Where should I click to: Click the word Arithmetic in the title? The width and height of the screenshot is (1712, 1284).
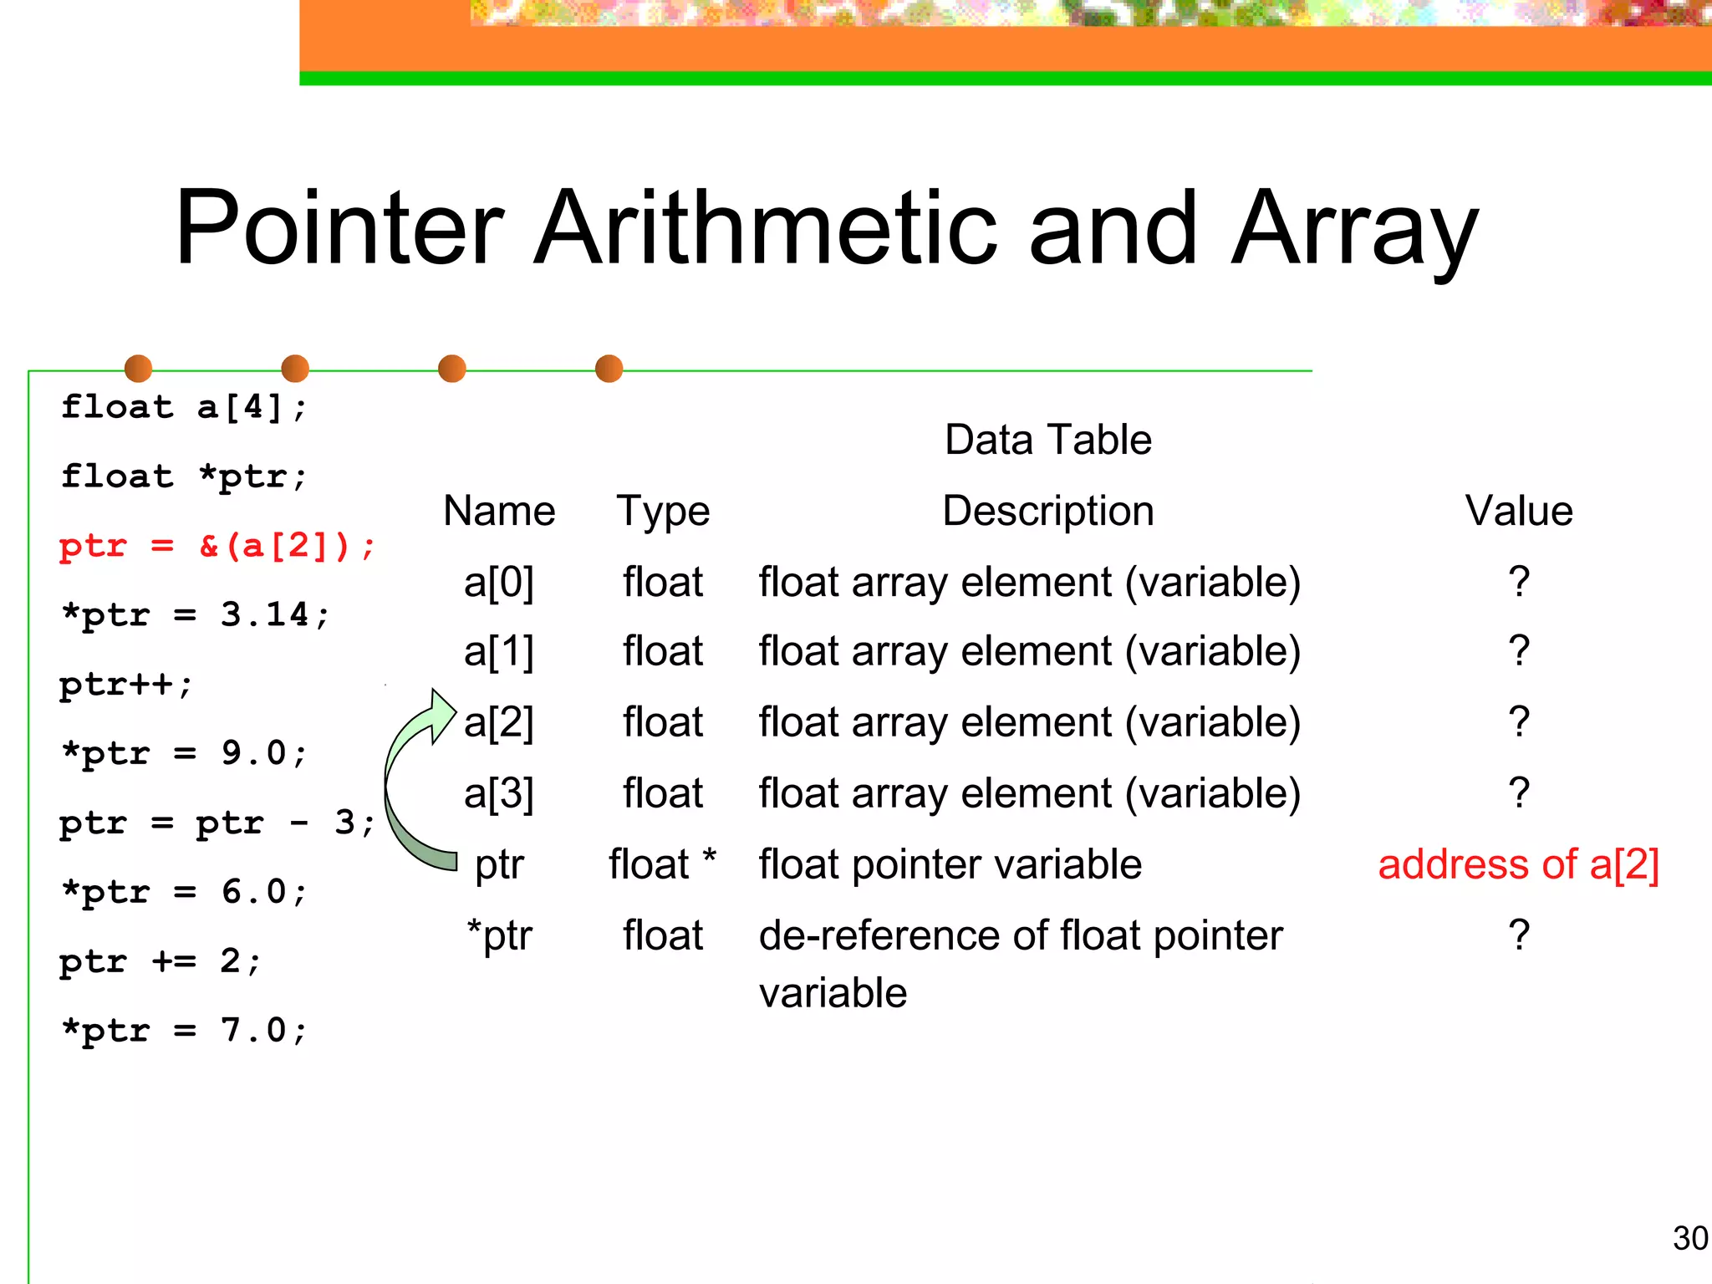766,227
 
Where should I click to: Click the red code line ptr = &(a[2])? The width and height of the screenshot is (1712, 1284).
217,546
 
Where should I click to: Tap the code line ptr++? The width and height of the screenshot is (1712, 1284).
125,685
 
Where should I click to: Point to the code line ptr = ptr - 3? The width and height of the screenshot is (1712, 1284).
217,823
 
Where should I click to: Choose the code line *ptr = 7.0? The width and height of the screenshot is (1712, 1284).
184,1030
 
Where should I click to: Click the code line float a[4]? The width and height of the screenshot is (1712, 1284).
184,407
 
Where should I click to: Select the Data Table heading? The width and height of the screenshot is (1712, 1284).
1047,440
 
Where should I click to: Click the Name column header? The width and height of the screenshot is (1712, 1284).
499,511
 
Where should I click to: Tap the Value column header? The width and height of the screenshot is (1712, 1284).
1518,511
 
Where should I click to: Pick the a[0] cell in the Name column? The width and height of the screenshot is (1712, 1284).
498,582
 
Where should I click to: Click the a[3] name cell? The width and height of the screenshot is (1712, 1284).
498,793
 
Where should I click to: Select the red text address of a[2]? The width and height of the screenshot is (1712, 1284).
1518,864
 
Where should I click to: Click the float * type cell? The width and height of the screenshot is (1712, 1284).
662,864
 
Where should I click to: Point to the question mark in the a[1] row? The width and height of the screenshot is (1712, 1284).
1519,650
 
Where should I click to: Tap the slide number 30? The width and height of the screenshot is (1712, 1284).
1689,1238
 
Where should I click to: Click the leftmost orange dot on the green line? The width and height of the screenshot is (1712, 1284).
138,369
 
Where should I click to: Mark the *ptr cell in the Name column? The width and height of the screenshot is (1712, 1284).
499,935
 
